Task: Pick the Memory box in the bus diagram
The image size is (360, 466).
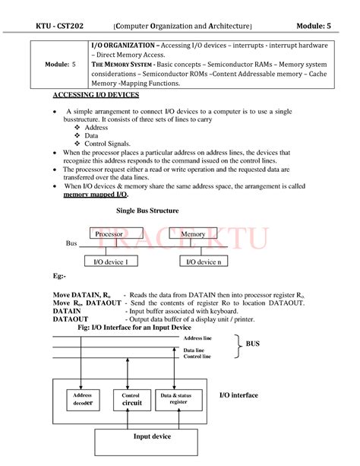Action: coord(194,234)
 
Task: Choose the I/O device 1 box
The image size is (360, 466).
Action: coord(110,262)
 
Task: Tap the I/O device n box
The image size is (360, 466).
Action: coord(204,262)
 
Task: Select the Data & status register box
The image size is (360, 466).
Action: coord(178,399)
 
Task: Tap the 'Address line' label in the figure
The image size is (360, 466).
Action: coord(197,336)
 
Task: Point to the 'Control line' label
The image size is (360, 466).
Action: coord(197,356)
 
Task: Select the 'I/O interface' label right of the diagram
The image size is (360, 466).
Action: coord(238,395)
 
